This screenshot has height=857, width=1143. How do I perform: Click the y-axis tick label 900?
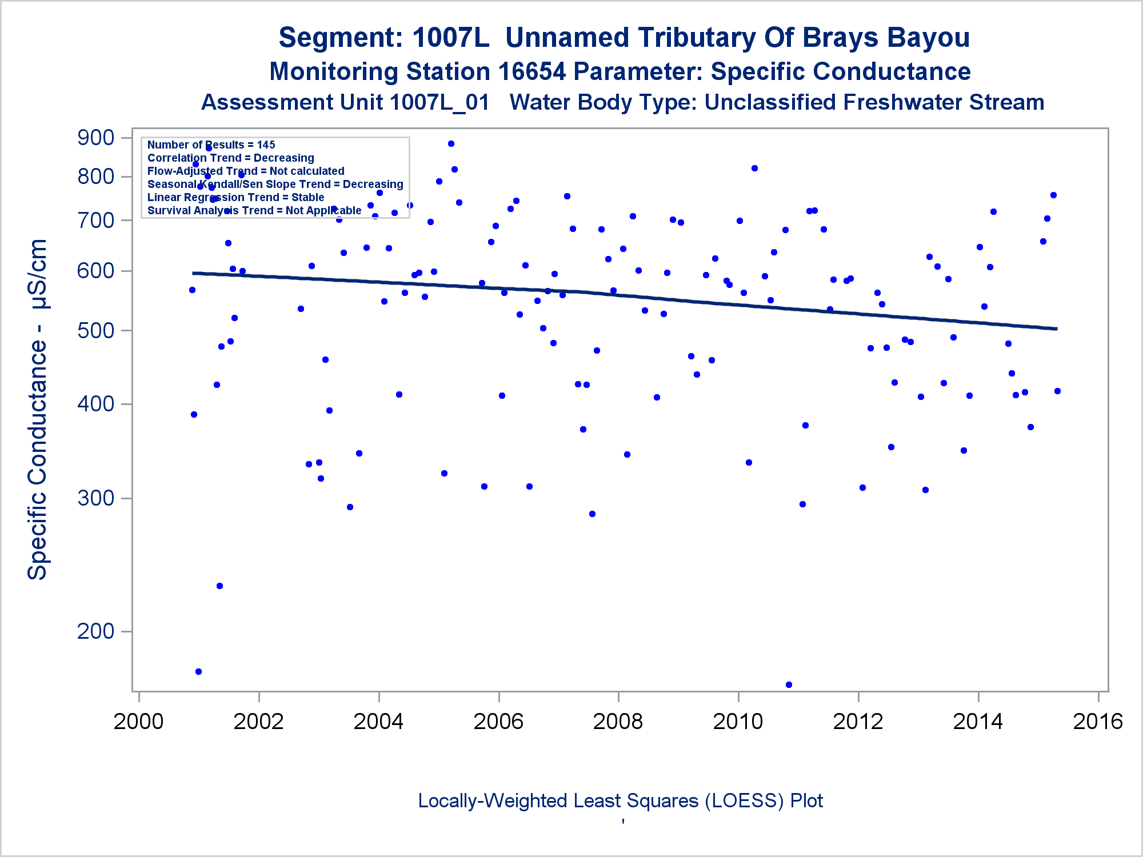tap(95, 138)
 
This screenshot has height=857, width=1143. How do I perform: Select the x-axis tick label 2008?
tap(618, 721)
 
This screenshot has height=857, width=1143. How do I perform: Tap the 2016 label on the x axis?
tap(1098, 721)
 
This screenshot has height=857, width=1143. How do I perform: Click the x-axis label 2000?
tap(138, 721)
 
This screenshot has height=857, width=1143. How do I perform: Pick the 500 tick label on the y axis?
tap(95, 331)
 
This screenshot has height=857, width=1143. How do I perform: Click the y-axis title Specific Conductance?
tap(38, 409)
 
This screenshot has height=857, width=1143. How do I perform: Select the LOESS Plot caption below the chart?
tap(620, 800)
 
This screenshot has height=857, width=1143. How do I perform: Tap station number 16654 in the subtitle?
tap(531, 72)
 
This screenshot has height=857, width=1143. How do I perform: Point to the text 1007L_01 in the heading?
tap(439, 103)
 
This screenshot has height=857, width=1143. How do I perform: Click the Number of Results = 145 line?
tap(211, 145)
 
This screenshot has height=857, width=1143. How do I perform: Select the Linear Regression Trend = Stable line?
tap(235, 197)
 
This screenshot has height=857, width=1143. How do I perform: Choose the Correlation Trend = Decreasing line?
tap(230, 158)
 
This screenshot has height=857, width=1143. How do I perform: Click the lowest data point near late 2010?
tap(789, 684)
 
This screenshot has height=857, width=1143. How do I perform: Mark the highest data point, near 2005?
tap(451, 143)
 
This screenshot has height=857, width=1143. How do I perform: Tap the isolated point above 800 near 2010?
tap(754, 168)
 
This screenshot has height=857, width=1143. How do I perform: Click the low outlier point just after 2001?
tap(198, 671)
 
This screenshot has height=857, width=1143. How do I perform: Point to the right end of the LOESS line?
tap(1056, 329)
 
